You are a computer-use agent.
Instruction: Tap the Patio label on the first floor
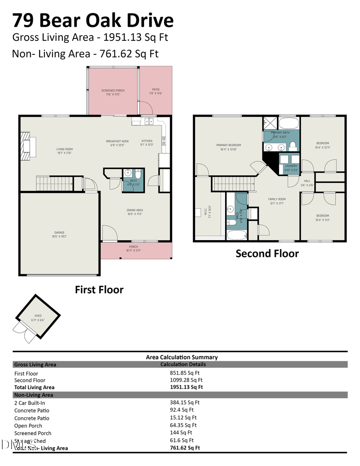point(156,90)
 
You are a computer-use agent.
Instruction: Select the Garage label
point(60,233)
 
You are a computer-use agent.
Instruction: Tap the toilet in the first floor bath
point(137,174)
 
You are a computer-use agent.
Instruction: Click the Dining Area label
point(135,210)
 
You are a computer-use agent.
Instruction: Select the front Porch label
point(133,247)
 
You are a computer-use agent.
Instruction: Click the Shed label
point(38,316)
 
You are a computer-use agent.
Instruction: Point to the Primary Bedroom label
point(228,145)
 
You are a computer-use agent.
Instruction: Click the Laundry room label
point(291,166)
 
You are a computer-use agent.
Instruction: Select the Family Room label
point(276,199)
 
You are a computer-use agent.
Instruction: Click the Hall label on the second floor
point(307,181)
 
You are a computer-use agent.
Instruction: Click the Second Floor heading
point(267,254)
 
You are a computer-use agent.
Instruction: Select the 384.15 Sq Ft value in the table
point(185,402)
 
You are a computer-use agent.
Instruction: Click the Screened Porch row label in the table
point(33,433)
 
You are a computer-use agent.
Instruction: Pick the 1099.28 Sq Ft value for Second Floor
point(186,380)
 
